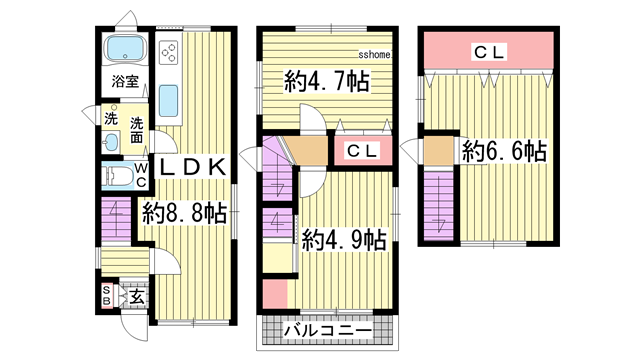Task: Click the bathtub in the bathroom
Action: point(125,48)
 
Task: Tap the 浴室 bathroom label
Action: point(124,81)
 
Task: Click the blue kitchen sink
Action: point(168,101)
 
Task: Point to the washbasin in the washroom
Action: point(109,141)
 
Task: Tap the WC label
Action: point(141,177)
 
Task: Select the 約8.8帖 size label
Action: point(184,212)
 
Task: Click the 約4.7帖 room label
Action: point(326,82)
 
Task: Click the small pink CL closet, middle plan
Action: point(361,151)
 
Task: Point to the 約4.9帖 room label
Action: point(344,239)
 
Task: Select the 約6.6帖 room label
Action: point(504,152)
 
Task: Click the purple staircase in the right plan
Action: point(436,205)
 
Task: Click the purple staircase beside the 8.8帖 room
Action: point(116,218)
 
